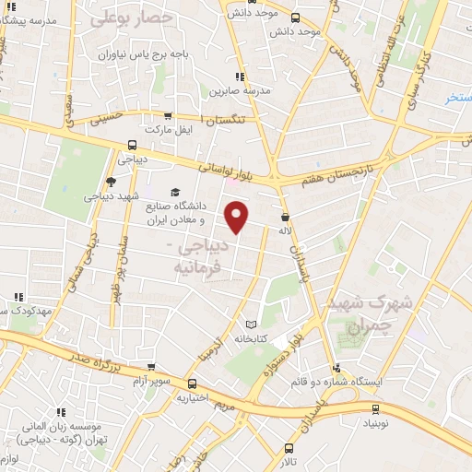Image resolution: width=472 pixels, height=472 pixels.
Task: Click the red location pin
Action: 237,217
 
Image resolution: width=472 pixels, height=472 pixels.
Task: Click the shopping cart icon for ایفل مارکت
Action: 167,116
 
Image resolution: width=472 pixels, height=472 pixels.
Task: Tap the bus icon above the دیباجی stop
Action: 132,144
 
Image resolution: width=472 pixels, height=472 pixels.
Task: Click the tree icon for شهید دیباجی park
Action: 112,181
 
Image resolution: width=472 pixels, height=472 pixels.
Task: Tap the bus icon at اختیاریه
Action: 192,384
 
